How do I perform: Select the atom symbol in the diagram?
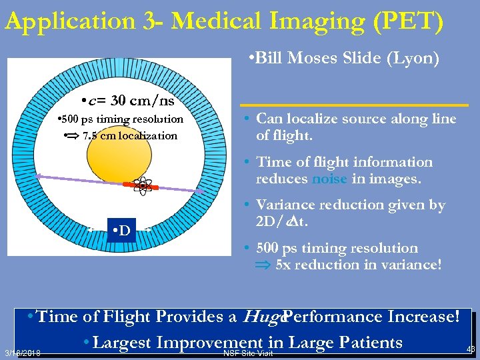(142, 186)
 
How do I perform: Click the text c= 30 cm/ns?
(127, 101)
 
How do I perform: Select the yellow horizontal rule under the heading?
(354, 105)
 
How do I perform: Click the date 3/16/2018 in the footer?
(22, 353)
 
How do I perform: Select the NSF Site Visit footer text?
(248, 353)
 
